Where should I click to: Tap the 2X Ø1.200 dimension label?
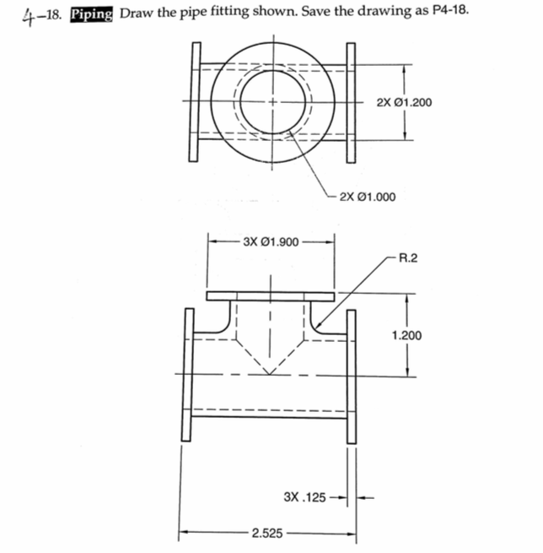(405, 103)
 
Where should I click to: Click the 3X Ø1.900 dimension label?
(271, 242)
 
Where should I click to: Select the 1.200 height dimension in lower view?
(407, 335)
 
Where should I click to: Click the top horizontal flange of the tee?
(271, 296)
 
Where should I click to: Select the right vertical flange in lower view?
(351, 374)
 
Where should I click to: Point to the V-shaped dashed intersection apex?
(271, 374)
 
